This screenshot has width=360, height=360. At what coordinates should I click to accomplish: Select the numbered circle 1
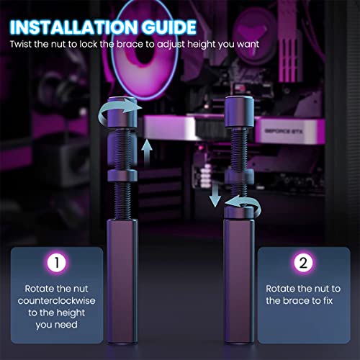coord(57,263)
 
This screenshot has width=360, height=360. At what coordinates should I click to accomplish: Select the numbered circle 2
coord(303,263)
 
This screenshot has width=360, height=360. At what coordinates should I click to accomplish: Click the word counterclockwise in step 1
coord(57,301)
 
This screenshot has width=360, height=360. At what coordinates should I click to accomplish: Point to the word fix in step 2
coord(328,300)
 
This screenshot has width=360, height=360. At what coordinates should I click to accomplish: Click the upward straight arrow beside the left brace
coord(147,153)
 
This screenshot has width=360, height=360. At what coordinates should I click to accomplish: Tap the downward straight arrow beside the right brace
coord(215,194)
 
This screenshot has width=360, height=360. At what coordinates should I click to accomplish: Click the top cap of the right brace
coord(239,112)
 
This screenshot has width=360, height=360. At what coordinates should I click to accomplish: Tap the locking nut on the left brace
coord(122,175)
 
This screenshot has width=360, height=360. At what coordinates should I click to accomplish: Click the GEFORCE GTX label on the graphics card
coord(284,131)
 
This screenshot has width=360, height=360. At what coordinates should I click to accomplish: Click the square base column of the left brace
coord(122,281)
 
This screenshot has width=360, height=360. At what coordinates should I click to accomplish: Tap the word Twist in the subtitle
coord(21,44)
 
